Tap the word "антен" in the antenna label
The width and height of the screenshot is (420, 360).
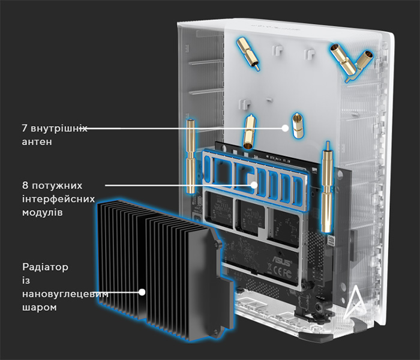[x=37, y=142]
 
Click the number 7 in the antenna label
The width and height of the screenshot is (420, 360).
[x=25, y=128]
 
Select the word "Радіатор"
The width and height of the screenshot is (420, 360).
[x=45, y=267]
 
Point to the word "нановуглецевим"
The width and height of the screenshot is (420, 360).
[x=65, y=294]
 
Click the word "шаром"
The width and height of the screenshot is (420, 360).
[x=40, y=307]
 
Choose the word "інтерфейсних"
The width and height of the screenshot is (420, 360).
[x=58, y=199]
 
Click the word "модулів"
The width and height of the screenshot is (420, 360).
[x=43, y=212]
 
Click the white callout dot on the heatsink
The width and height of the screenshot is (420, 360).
[x=142, y=292]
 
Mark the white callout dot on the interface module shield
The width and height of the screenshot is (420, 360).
[x=254, y=185]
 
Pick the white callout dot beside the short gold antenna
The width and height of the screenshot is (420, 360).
[x=285, y=128]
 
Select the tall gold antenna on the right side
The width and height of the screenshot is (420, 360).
[x=328, y=187]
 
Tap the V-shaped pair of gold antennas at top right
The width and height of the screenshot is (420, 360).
[x=352, y=62]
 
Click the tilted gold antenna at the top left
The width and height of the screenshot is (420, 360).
[x=248, y=53]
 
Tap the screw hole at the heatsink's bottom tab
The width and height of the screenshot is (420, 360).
[x=215, y=332]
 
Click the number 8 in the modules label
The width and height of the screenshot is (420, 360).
[x=25, y=185]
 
